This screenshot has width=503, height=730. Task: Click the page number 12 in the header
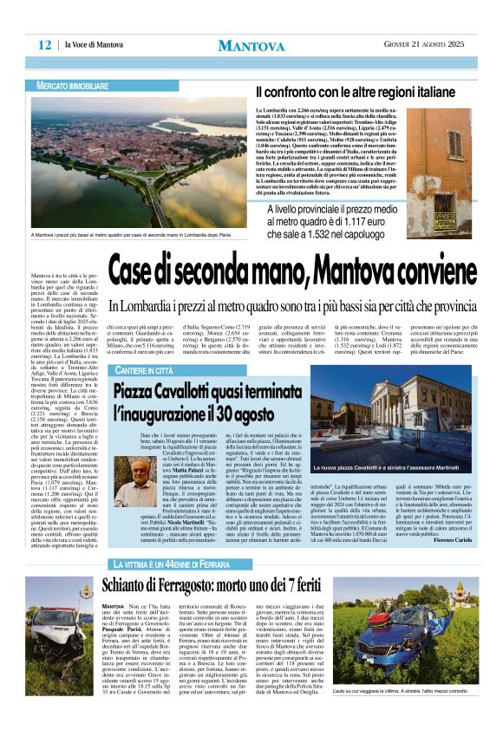tap(44, 45)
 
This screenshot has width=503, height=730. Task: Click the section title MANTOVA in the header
tap(251, 45)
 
